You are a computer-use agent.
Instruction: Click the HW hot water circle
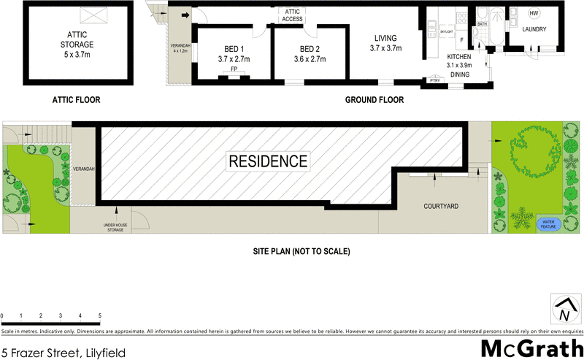(x=534, y=15)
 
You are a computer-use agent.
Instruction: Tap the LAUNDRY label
(x=534, y=29)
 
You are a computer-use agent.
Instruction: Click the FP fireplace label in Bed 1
(x=234, y=70)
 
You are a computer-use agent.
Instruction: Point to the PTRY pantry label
(x=435, y=81)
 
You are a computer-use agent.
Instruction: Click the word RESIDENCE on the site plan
(x=269, y=161)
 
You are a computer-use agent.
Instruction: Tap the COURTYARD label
(x=441, y=207)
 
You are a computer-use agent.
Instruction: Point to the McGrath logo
(x=531, y=349)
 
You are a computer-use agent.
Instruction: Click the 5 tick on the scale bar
(x=99, y=316)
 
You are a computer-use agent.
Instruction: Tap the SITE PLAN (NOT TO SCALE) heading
(x=301, y=251)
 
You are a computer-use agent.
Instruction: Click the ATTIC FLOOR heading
(x=76, y=101)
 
